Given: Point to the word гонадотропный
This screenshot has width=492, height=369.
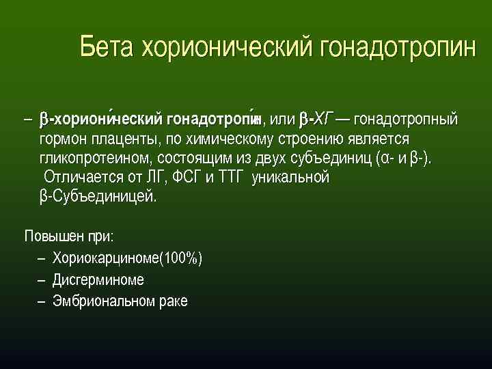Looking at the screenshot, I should click(x=406, y=120).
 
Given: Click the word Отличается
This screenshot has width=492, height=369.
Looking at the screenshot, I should click(x=77, y=178).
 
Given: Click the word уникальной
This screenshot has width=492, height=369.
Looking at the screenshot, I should click(x=291, y=178).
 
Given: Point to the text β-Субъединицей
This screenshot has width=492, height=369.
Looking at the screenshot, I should click(x=98, y=197).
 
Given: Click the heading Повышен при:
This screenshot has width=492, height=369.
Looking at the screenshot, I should click(x=69, y=236).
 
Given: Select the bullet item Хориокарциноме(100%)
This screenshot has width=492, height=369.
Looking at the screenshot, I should click(x=127, y=258).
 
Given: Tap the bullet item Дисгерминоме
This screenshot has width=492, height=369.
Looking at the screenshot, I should click(x=98, y=279).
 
